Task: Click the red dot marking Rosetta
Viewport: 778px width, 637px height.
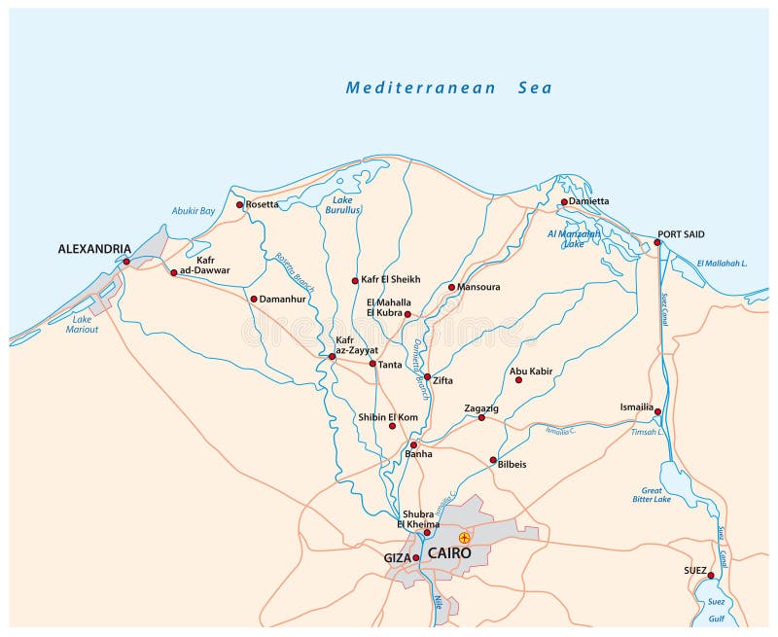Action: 239,204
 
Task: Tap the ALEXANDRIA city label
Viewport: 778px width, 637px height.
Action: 94,249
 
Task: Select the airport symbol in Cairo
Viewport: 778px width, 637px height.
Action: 465,537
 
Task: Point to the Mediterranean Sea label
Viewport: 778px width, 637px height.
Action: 448,88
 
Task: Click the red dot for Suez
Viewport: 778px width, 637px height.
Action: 711,575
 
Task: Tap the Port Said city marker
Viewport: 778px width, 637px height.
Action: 657,242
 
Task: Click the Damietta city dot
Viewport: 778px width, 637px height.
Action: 563,202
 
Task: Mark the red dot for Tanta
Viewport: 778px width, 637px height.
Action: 372,364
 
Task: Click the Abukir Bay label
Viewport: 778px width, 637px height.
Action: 193,211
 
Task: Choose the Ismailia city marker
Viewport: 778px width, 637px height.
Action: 657,411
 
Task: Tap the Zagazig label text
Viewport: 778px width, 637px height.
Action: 481,407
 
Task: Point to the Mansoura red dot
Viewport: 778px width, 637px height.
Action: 451,287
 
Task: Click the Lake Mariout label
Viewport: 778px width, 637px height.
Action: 86,324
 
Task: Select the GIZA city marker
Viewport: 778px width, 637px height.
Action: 416,557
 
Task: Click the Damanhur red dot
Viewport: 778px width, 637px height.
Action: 254,299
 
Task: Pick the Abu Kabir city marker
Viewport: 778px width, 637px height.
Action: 518,379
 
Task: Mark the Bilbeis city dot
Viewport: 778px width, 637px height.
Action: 493,460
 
